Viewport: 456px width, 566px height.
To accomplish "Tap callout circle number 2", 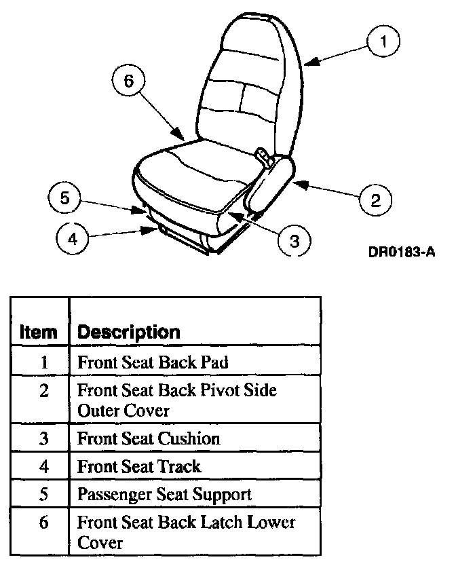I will [x=375, y=200].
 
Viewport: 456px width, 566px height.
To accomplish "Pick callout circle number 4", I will [x=73, y=238].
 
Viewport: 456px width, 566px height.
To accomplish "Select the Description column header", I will [x=129, y=332].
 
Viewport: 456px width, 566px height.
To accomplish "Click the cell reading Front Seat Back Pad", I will [x=153, y=362].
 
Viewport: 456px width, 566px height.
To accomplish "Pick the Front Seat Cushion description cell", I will [x=149, y=438].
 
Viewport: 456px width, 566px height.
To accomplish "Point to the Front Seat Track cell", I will [x=139, y=467].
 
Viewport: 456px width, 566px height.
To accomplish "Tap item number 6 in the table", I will [x=44, y=523].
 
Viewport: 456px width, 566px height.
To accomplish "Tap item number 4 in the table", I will [x=44, y=467].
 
